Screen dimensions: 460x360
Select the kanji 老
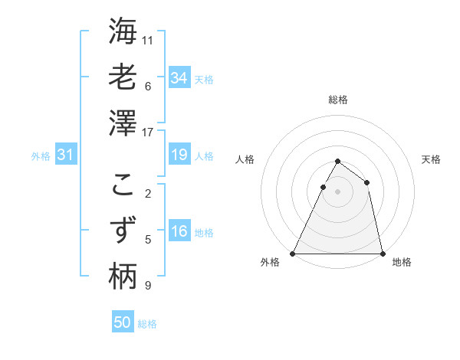(x=123, y=77)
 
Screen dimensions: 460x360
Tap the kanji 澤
(x=123, y=123)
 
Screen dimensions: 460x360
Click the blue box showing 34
(x=179, y=78)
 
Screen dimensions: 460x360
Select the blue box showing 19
(x=179, y=155)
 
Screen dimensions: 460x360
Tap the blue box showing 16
(x=179, y=231)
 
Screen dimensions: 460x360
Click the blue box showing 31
(x=65, y=155)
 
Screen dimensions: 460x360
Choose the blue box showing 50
(x=123, y=322)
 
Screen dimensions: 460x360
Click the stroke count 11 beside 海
(x=148, y=39)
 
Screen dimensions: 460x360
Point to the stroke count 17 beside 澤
(x=148, y=133)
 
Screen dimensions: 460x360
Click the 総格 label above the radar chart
(x=337, y=100)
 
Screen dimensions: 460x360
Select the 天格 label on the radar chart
(x=432, y=159)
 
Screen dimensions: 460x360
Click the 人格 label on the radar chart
(x=245, y=159)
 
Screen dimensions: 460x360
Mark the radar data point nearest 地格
(x=382, y=253)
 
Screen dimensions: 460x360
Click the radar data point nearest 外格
(x=293, y=253)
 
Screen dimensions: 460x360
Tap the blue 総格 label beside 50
(x=147, y=324)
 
